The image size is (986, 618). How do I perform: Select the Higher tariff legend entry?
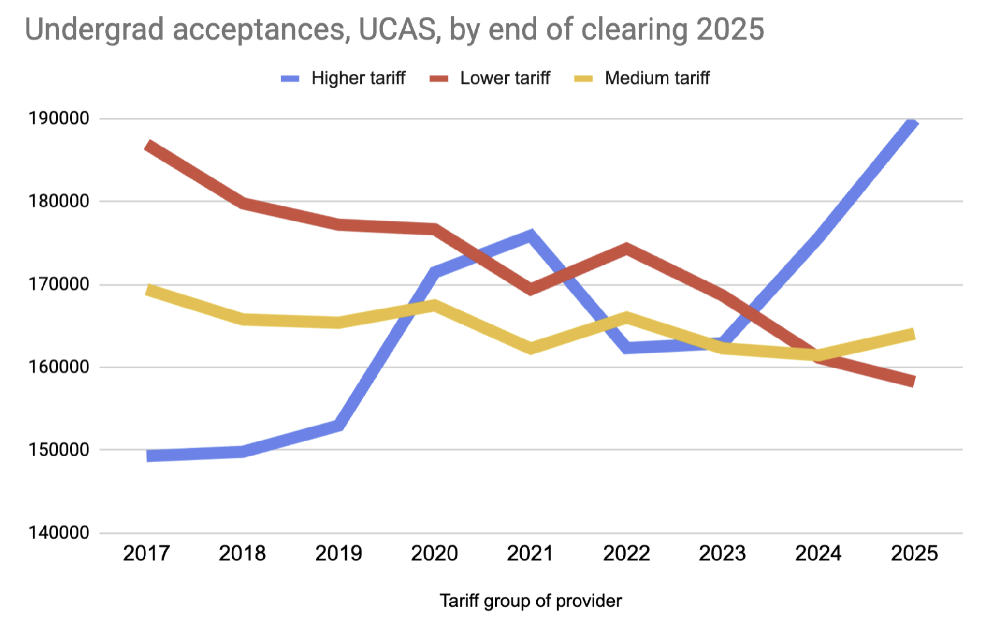coord(343,78)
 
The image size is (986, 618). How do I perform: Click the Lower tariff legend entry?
coord(490,78)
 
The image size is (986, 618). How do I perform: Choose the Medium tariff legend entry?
coord(642,78)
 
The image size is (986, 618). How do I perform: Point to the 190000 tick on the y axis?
coord(59,118)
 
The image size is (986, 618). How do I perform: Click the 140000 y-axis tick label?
coord(59,532)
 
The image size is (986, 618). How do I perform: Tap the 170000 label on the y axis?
coord(59,284)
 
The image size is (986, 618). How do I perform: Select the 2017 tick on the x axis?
coord(146,553)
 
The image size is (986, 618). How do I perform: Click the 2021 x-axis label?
coord(530,553)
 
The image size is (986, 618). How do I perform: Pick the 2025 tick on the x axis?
coord(914,553)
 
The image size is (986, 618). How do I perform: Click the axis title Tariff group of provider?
coord(530,601)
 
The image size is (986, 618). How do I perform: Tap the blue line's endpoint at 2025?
coord(913,122)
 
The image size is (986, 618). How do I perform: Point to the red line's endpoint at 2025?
coord(914,381)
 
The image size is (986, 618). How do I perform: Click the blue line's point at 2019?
coord(338,425)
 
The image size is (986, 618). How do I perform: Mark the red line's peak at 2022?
coord(626,249)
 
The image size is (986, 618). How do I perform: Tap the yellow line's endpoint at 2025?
coord(914,335)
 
